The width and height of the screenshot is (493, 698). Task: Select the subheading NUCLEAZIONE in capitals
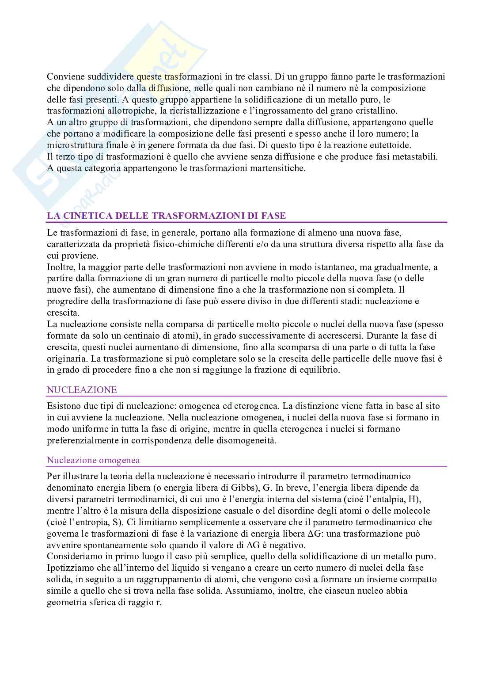[x=82, y=390]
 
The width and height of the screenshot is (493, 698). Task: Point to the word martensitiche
[x=280, y=168]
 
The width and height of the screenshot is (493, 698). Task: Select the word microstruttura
[x=74, y=145]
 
